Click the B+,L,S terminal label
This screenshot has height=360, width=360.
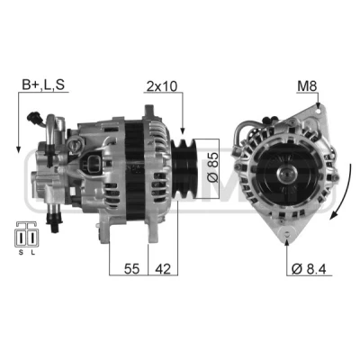coord(43,85)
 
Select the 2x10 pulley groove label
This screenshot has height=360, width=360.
coord(162,86)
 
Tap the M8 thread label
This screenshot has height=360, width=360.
coord(307,86)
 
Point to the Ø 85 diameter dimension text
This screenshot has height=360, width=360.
coord(212,167)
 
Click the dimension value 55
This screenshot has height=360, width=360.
coord(132,269)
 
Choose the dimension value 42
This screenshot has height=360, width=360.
coord(163,269)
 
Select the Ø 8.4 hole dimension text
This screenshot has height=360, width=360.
coord(309,269)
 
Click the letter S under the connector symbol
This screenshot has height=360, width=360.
coord(21,253)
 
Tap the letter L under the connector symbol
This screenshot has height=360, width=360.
coord(33,253)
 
